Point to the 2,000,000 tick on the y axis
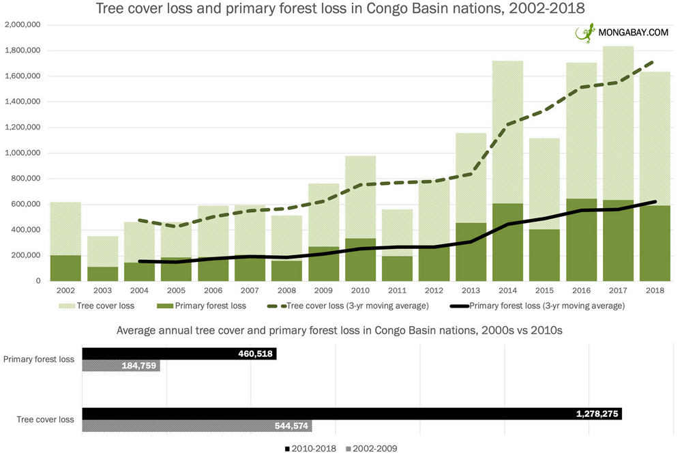point(23,25)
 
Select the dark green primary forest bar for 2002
point(65,268)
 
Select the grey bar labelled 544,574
point(197,426)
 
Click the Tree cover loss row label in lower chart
point(45,420)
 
